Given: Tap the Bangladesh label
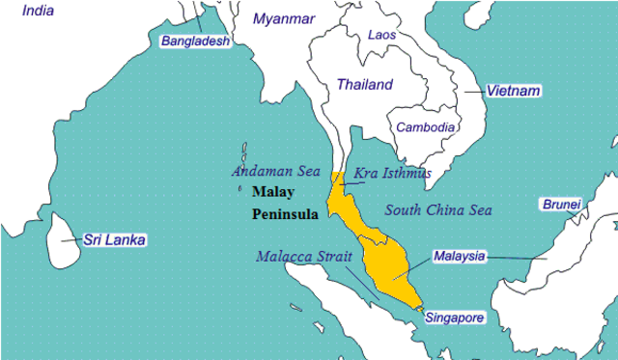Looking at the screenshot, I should tap(196, 42).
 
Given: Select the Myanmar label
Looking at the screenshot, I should tap(284, 18).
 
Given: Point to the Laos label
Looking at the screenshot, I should tap(381, 35).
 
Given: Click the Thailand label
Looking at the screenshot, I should tap(364, 85).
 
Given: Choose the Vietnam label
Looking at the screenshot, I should tap(513, 91).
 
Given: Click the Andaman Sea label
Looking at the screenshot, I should tap(272, 171).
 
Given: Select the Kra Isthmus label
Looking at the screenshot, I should tap(393, 174).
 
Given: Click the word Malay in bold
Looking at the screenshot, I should tap(272, 192).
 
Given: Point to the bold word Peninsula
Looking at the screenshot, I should tap(284, 214).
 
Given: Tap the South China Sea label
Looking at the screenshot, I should tap(438, 209).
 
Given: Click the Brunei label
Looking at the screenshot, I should tap(560, 205).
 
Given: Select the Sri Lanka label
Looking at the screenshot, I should tap(113, 239).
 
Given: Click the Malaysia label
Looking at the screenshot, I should tap(459, 256).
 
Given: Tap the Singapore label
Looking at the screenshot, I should tap(454, 317).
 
